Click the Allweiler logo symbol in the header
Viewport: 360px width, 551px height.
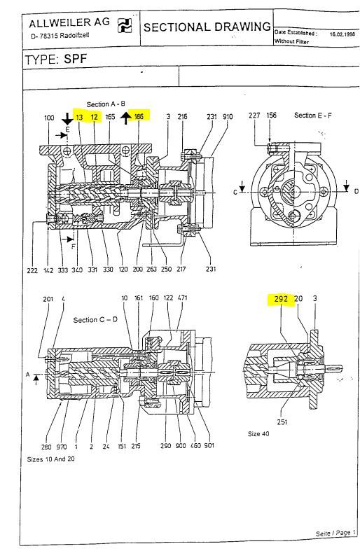(x=124, y=27)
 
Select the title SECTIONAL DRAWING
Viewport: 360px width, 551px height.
(x=207, y=27)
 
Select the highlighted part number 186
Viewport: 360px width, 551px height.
(x=139, y=117)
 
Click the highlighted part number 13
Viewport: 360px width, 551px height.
(x=79, y=117)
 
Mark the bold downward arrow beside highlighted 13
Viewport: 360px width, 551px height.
(x=67, y=118)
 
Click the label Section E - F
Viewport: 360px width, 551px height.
(x=315, y=116)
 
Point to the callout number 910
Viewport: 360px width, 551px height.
(x=227, y=117)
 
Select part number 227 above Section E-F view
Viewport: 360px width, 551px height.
(x=254, y=116)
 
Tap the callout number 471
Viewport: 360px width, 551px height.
(x=183, y=298)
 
